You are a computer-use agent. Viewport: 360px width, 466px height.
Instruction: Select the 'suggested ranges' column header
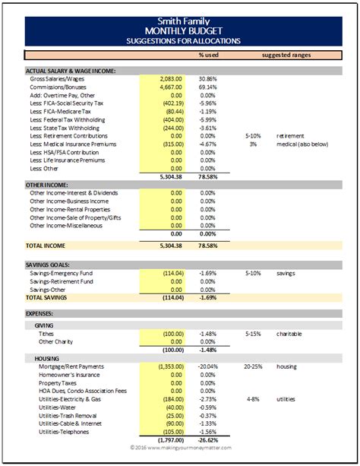[x=290, y=55]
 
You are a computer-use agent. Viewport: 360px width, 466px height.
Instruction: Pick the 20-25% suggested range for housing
[x=254, y=366]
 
